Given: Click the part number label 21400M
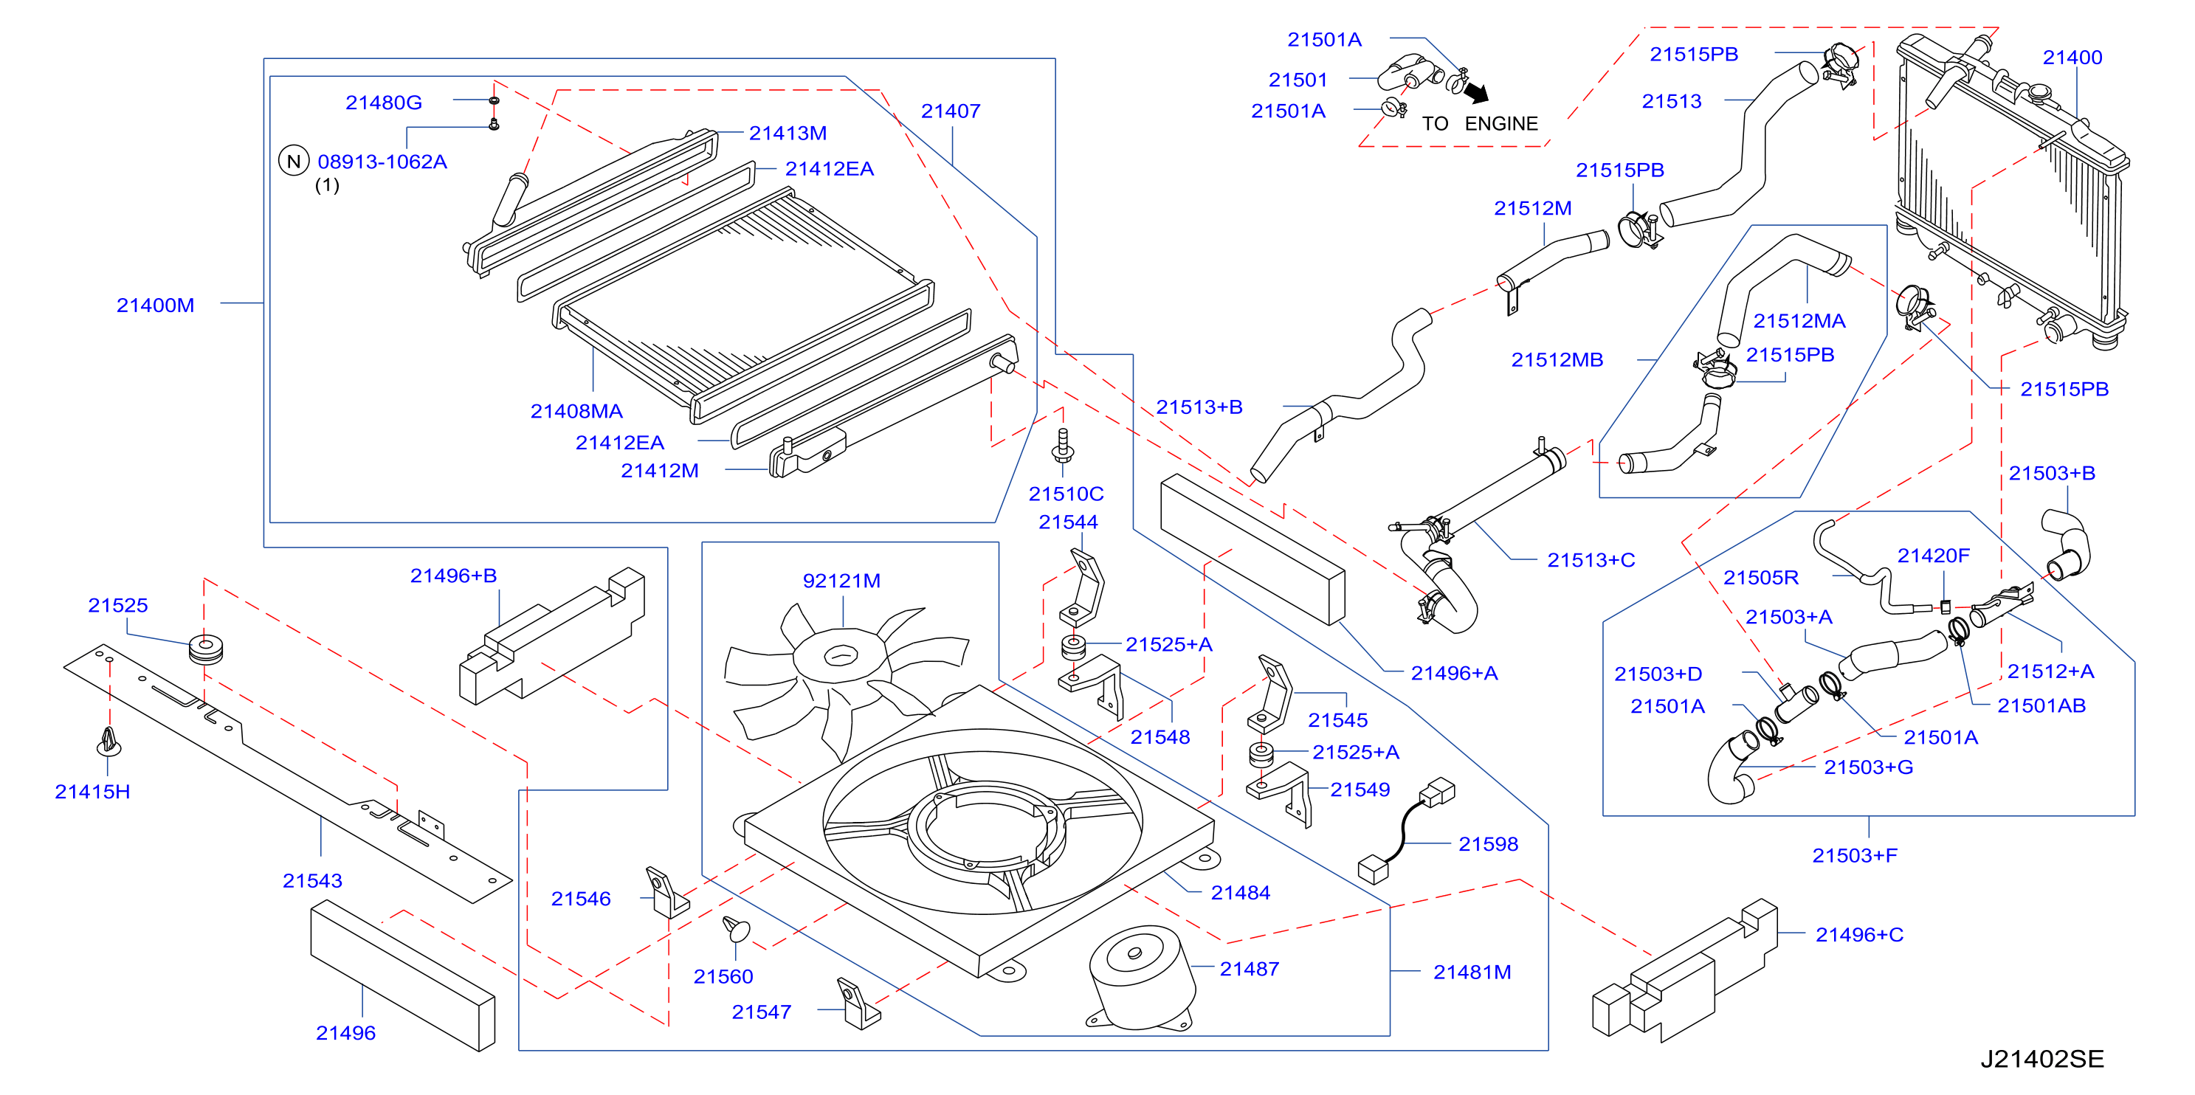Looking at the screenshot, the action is [155, 305].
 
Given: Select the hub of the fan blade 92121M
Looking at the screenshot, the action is [842, 656].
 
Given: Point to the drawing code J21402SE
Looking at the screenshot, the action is [2041, 1058].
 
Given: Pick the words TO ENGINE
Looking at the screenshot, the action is [1480, 123].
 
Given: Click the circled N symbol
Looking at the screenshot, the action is [294, 161].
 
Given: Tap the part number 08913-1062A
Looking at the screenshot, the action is [382, 161].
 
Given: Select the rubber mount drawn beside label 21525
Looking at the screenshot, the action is [205, 649].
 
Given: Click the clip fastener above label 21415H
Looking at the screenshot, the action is [108, 742].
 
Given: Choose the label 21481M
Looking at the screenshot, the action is [1472, 973].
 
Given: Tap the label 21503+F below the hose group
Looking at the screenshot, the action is [1854, 855].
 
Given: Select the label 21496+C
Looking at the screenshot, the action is [1859, 935].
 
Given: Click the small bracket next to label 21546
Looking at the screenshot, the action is [666, 892].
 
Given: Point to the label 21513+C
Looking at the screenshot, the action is [1591, 560].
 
